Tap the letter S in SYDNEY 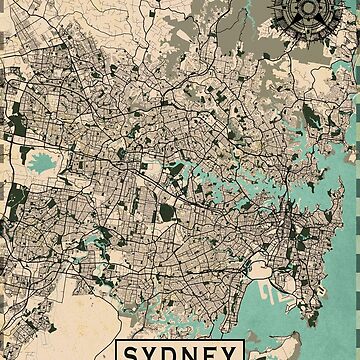[135, 352]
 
